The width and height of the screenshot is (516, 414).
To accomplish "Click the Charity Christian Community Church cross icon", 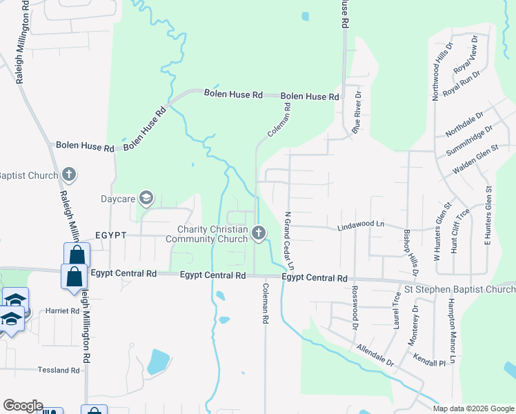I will (x=259, y=233).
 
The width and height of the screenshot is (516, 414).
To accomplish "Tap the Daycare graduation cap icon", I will (x=146, y=199).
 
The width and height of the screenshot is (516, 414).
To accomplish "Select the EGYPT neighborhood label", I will (x=110, y=235).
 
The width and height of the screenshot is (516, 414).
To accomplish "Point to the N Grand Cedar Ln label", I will (x=290, y=241).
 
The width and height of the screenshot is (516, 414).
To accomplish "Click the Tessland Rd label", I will (x=58, y=370).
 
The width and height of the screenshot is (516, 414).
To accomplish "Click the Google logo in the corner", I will (x=23, y=406).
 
